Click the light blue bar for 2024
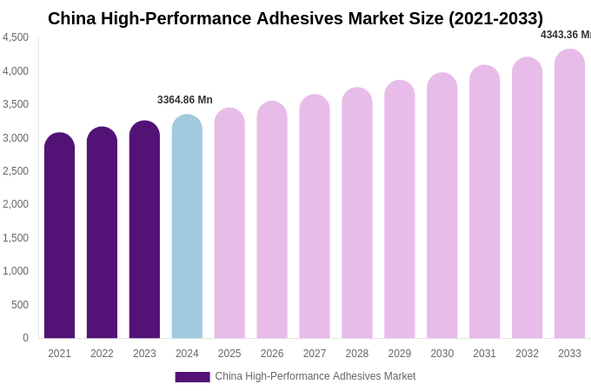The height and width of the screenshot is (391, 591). (187, 227)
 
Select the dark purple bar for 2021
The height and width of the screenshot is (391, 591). (59, 235)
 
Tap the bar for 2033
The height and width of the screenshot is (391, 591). (569, 194)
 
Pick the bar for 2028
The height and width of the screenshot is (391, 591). (356, 213)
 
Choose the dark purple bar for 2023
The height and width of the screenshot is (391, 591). (144, 229)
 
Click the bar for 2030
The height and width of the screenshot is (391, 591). (442, 206)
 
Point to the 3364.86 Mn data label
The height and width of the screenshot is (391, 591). (184, 100)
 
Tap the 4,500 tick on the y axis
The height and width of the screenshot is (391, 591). (16, 37)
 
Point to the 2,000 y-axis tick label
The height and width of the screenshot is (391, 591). (16, 204)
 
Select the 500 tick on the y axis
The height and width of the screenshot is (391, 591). (19, 305)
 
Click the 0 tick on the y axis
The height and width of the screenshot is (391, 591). (25, 338)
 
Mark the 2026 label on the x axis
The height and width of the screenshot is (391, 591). (272, 354)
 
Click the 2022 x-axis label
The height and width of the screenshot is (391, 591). (102, 354)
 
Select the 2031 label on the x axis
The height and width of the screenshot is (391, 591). (484, 354)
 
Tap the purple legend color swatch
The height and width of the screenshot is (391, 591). (192, 377)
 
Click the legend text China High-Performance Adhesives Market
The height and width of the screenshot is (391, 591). (315, 376)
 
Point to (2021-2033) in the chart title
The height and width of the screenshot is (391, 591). (495, 18)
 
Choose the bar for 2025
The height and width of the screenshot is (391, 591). (229, 223)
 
